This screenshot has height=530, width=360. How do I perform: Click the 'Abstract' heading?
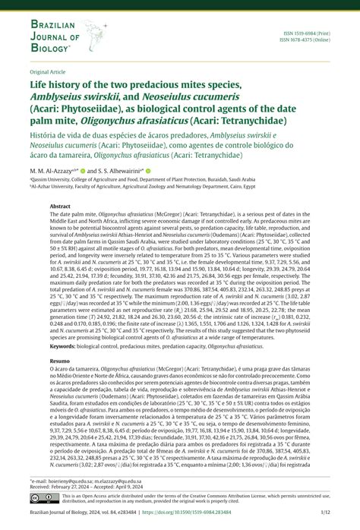[x=61, y=206]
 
